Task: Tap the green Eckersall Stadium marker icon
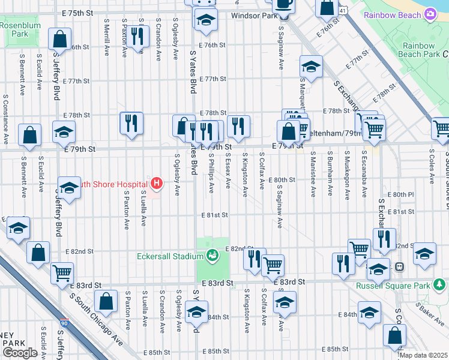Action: tap(211, 256)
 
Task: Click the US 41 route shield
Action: tap(341, 10)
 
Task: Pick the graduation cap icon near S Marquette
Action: tap(311, 67)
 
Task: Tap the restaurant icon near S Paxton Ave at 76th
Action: tap(139, 37)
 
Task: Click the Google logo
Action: tap(20, 353)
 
